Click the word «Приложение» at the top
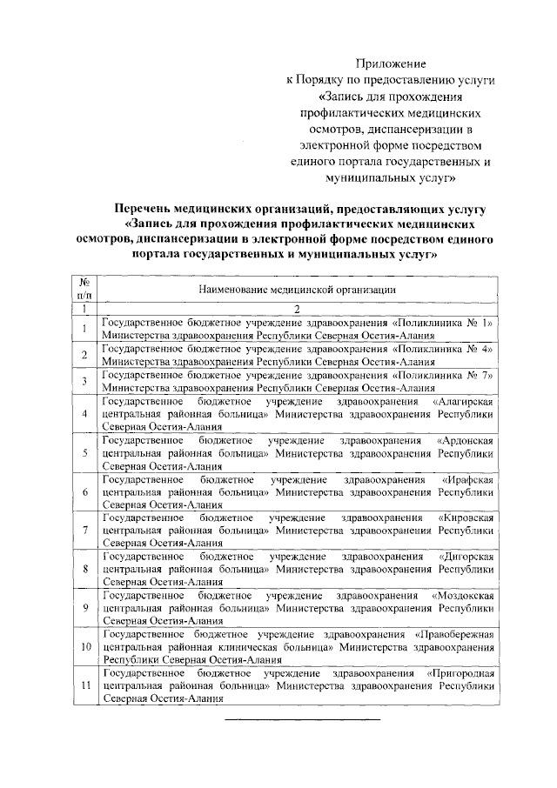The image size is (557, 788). point(390,63)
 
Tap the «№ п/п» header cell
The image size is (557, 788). point(85,288)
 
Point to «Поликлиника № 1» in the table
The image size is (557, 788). point(455,322)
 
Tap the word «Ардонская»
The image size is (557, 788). point(466,441)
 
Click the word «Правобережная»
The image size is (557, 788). point(456,635)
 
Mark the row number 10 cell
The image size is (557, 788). point(85,647)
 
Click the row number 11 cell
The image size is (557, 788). point(85,685)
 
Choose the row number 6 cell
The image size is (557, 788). point(85,492)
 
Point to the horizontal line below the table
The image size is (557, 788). point(303,719)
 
